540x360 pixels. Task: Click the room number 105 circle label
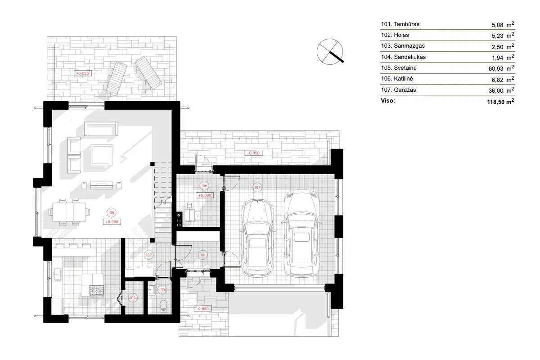[111, 213]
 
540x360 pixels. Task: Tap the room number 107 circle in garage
[257, 187]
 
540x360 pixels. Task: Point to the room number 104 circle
[133, 297]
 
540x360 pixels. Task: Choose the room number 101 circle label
[203, 255]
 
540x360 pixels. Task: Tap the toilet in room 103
[163, 305]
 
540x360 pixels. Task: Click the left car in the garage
[257, 238]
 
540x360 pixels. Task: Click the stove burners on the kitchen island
[97, 291]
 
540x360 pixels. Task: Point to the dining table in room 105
[69, 212]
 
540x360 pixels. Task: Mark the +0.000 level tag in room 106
[205, 196]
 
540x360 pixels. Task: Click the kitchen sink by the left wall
[57, 273]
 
